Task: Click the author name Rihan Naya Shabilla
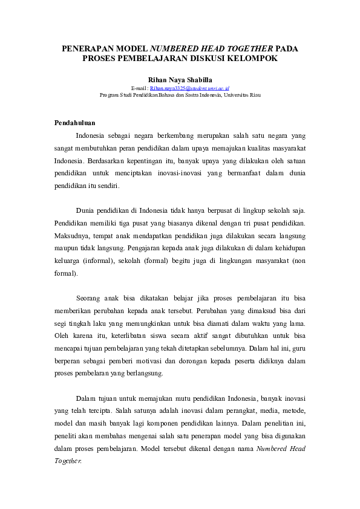pos(180,79)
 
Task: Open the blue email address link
pos(189,88)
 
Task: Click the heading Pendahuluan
pos(74,123)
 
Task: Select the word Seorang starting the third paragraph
pos(89,299)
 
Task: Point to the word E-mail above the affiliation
pos(138,88)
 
